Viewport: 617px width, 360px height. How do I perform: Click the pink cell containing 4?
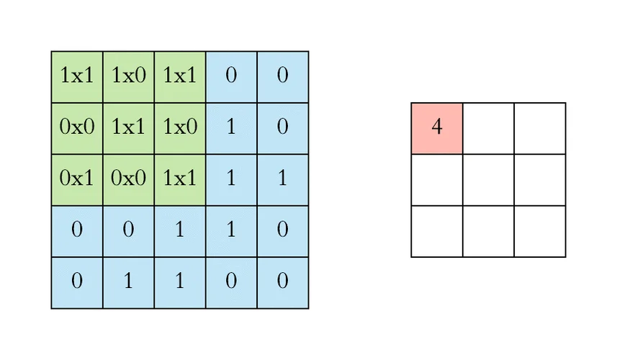click(437, 128)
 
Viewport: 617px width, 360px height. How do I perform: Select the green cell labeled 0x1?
click(77, 180)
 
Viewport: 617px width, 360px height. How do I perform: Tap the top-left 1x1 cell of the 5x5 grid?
click(77, 77)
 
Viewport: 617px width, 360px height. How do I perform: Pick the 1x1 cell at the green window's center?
click(128, 128)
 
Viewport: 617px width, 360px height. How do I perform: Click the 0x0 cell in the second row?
click(77, 128)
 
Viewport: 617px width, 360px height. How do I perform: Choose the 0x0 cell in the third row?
click(128, 180)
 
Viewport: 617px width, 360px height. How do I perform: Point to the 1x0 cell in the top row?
click(128, 77)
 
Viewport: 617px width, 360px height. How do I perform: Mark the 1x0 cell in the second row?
click(180, 128)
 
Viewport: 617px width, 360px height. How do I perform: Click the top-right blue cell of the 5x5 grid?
click(282, 77)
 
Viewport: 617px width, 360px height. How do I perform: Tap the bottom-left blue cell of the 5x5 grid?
click(77, 282)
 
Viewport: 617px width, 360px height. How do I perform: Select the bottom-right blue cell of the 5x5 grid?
click(282, 282)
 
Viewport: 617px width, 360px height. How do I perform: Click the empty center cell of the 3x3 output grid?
click(488, 180)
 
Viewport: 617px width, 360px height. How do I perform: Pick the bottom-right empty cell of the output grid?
click(540, 231)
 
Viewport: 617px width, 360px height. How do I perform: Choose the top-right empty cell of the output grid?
click(540, 128)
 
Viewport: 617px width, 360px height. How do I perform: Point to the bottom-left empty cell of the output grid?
click(437, 231)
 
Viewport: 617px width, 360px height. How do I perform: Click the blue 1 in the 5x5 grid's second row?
click(231, 128)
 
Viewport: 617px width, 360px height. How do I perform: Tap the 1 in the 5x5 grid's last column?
click(282, 180)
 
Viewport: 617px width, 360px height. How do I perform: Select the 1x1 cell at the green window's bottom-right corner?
click(180, 180)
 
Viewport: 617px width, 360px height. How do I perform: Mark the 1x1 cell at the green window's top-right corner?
click(180, 77)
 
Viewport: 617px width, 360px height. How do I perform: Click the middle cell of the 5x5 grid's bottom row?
click(180, 282)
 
